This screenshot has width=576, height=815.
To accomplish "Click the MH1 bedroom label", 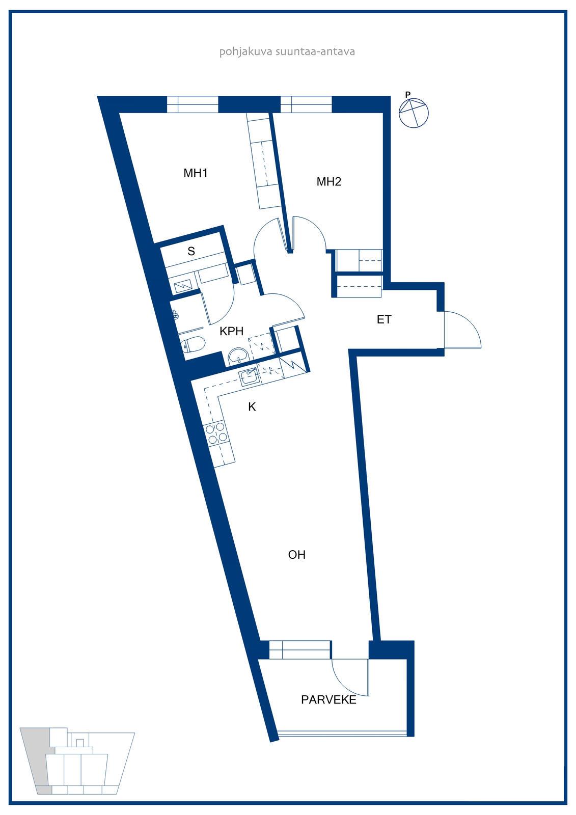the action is coord(196,173).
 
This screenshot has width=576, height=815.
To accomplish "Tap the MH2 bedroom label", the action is coord(328,181).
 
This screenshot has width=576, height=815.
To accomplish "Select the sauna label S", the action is coord(191,251).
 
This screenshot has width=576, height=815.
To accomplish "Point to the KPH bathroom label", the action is coord(231,331).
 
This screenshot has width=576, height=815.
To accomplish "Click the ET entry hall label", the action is coord(384,319).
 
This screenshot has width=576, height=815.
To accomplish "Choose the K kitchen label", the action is coord(252,407).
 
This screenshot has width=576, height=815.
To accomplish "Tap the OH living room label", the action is coord(296,555).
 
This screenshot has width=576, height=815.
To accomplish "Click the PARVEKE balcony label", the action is coord(328,700).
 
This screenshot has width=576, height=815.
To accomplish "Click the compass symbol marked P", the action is coord(414,112).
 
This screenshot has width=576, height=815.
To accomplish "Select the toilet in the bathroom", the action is coord(193,344).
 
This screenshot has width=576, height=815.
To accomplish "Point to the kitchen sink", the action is coord(249,377).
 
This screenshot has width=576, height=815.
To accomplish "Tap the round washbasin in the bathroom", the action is coord(238,355).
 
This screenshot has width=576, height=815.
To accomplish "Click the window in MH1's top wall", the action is coord(193,104).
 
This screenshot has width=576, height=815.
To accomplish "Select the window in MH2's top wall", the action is coord(306,104).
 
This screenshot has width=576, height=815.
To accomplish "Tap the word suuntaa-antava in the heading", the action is coord(315,51).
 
